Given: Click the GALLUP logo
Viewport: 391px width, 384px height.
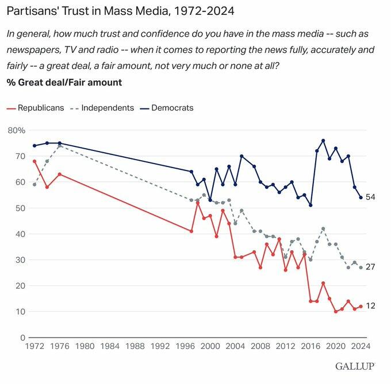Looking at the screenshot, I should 355,366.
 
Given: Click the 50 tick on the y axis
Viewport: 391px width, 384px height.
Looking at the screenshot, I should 19,208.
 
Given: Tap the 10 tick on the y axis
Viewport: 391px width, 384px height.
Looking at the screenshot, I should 19,312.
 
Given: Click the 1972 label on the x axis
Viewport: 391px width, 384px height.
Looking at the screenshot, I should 34,347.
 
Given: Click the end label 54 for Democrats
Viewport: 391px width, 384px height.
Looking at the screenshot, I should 371,197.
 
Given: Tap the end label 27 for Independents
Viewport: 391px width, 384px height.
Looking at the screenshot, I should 371,267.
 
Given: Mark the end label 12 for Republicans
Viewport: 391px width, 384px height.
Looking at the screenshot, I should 371,306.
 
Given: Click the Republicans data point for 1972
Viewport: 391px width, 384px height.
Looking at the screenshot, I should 34,161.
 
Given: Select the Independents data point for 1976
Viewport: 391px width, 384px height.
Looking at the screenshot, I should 60,146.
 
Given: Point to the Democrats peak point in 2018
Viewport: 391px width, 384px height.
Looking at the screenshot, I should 323,141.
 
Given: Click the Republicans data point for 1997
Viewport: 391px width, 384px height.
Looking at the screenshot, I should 191,231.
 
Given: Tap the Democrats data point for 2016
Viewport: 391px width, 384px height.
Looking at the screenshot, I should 310,205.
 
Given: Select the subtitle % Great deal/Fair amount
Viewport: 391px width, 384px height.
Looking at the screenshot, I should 64,82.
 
